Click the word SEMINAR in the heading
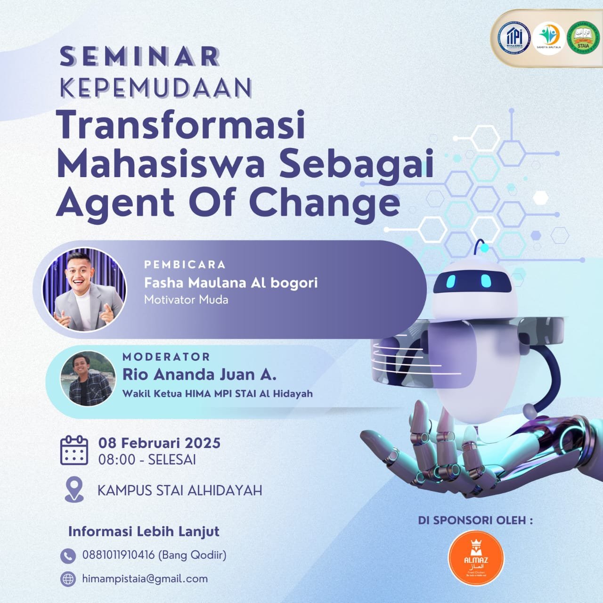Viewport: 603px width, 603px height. point(140,57)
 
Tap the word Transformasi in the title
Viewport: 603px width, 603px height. point(181,125)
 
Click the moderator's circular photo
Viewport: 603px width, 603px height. point(88,378)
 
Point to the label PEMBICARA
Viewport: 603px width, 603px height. point(185,264)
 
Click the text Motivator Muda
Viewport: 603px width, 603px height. point(186,300)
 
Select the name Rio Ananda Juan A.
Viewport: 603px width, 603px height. point(199,374)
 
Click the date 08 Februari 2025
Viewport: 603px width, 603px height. point(159,443)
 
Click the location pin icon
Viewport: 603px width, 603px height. point(74,489)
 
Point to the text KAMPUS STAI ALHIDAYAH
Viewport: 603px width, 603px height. point(179,490)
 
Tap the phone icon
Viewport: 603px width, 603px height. point(68,556)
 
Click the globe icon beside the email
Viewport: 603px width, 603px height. point(68,579)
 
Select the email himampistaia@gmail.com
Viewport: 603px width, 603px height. point(145,579)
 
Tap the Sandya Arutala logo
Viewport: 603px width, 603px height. point(548,38)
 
